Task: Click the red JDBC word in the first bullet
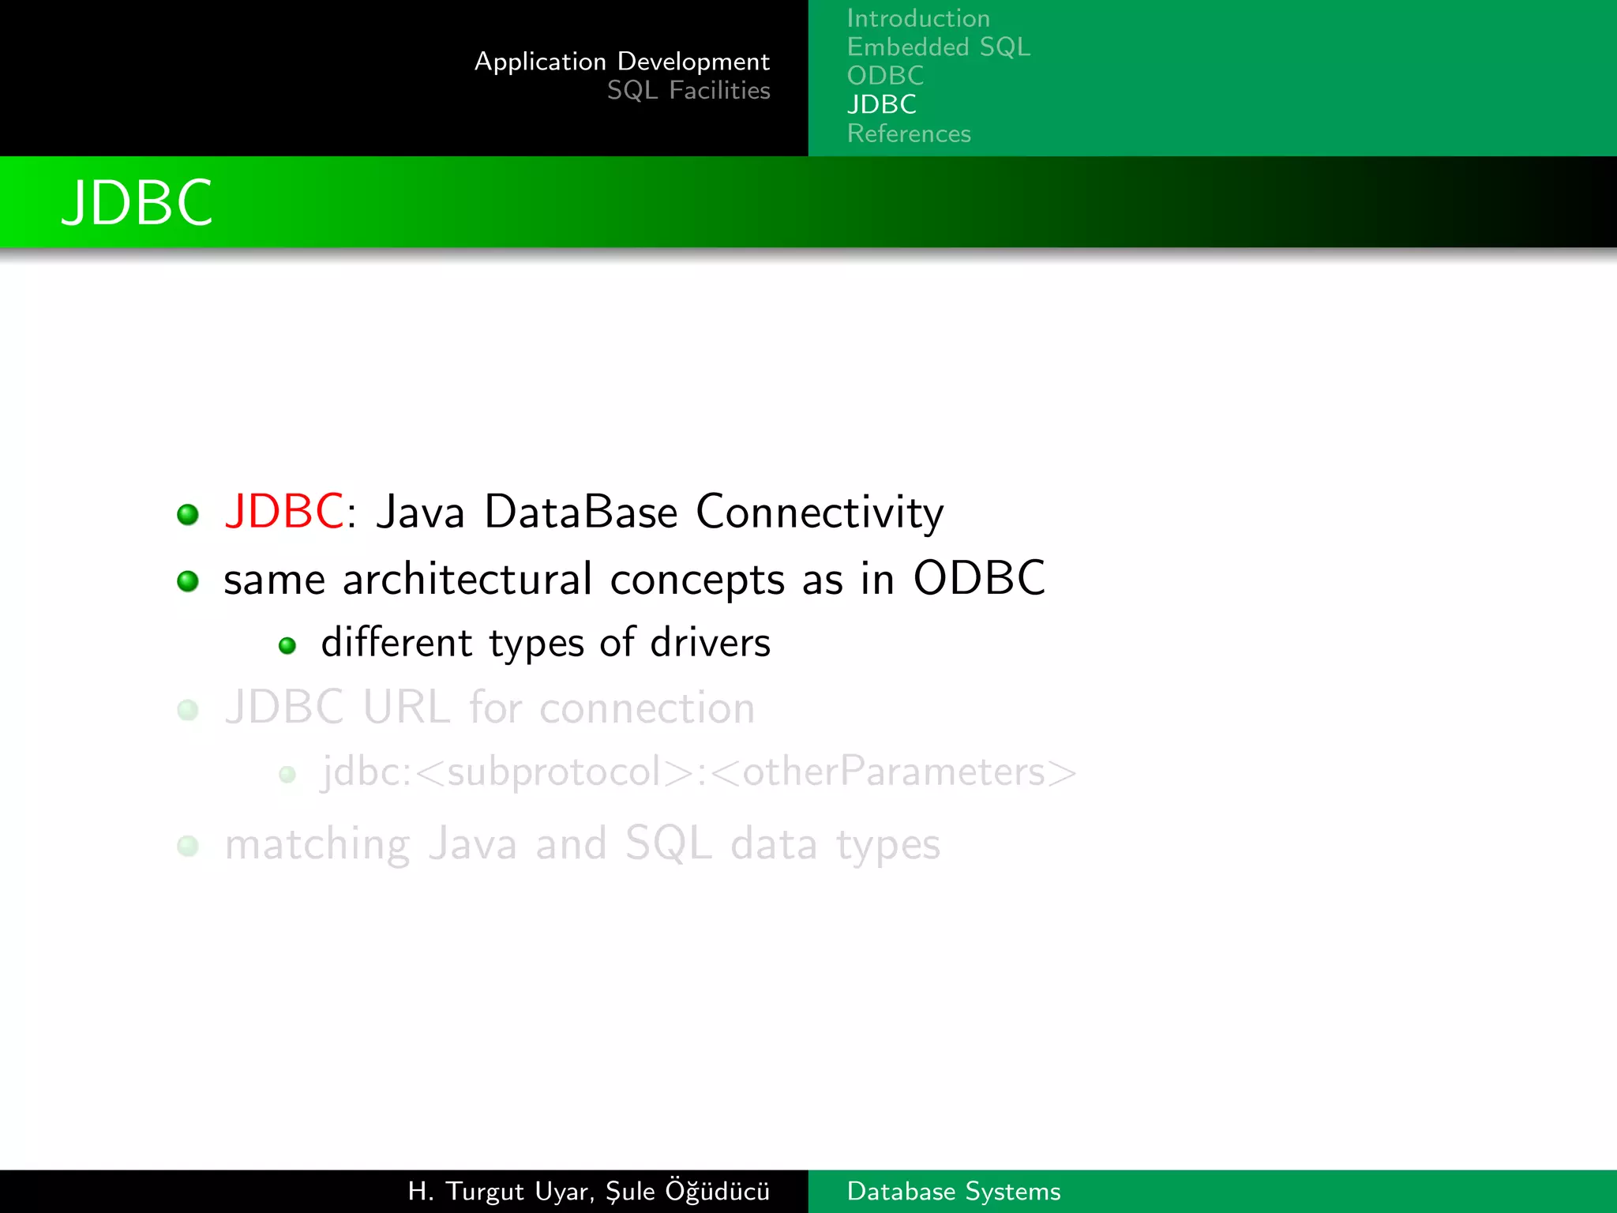(x=283, y=511)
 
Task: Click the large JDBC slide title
(x=137, y=203)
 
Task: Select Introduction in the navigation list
(x=917, y=18)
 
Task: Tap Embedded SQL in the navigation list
(x=938, y=47)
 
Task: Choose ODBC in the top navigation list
(x=884, y=76)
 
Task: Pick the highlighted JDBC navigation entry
(x=881, y=104)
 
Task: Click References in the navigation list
(x=908, y=133)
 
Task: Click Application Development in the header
(x=621, y=62)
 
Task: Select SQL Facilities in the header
(x=688, y=91)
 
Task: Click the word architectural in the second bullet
(x=467, y=579)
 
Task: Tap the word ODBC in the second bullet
(x=978, y=578)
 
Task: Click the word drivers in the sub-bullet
(x=710, y=643)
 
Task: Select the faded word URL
(x=406, y=707)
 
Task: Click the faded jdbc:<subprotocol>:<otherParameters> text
(x=698, y=772)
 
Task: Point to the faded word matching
(x=317, y=845)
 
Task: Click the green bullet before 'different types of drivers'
(x=287, y=646)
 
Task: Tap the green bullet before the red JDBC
(x=188, y=515)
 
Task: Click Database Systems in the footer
(x=953, y=1191)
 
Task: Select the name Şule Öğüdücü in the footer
(x=687, y=1191)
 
